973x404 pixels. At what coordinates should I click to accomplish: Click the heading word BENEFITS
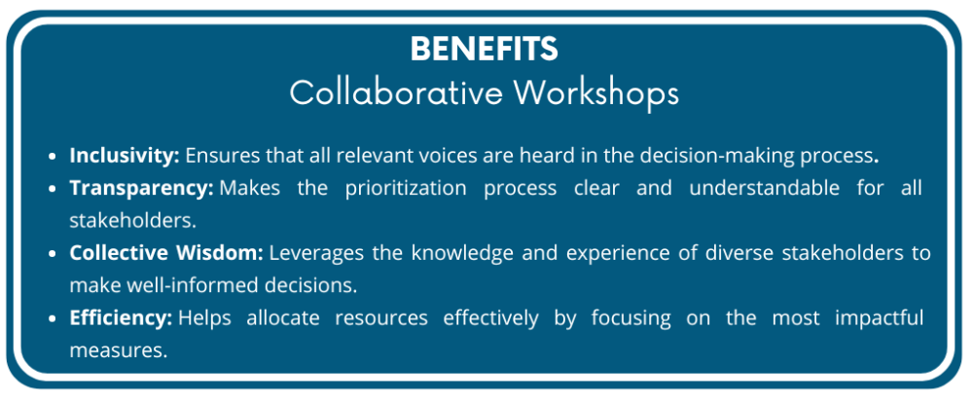pyautogui.click(x=484, y=49)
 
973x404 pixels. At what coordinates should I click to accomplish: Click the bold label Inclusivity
pyautogui.click(x=125, y=155)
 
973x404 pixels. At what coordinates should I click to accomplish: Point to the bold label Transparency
pyautogui.click(x=141, y=188)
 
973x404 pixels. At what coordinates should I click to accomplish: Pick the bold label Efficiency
pyautogui.click(x=121, y=318)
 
